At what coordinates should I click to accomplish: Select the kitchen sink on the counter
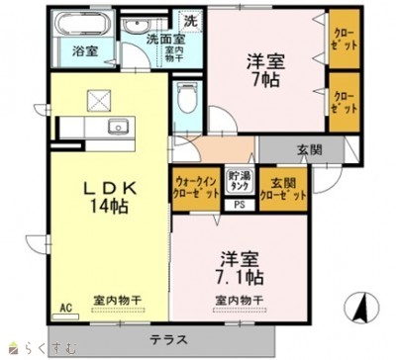coord(118,128)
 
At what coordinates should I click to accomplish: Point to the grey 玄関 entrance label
coord(308,150)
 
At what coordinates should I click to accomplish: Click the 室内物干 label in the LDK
coord(115,298)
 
